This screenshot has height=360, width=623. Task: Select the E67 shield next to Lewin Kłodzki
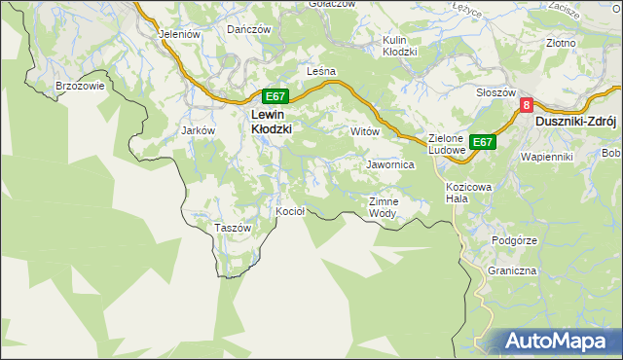click(x=275, y=96)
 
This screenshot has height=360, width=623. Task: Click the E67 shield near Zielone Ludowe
click(x=483, y=142)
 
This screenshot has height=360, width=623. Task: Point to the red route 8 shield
click(x=527, y=105)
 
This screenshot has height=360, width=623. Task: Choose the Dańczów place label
click(x=248, y=29)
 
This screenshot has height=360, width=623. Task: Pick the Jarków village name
click(x=199, y=129)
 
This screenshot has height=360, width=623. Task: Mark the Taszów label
click(x=233, y=228)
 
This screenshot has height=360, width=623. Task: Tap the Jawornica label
click(x=390, y=165)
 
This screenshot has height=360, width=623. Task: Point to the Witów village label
click(x=363, y=130)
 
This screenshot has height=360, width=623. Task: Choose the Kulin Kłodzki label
click(x=399, y=46)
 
